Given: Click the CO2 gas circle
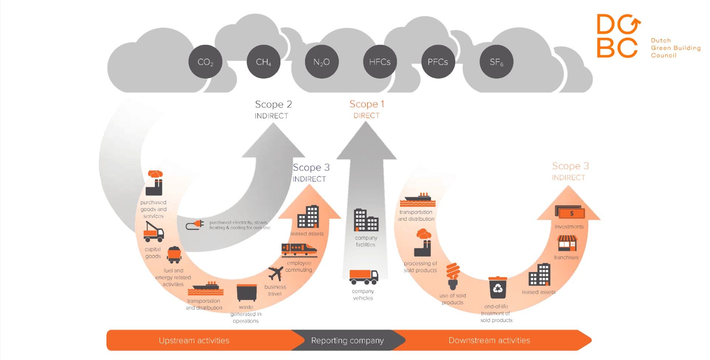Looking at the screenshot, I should point(205,62).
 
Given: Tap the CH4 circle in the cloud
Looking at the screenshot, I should point(263,62).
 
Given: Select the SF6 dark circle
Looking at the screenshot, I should point(496,62).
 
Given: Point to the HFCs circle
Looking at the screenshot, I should point(380,62).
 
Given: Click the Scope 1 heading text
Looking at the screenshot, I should point(366,105).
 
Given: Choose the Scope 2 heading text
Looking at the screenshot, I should point(273,105).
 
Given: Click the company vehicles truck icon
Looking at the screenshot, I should point(364,277).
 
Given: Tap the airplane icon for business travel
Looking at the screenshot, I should point(276,274).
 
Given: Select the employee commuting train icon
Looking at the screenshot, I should point(299,249).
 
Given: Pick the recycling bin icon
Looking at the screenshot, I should point(498,288).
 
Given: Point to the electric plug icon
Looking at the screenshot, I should point(195,225).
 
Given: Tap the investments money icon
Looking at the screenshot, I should point(570,212).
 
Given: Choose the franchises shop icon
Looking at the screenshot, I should point(567,244).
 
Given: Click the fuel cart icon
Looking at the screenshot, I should point(174,255).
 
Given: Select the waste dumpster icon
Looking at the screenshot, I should point(247,293).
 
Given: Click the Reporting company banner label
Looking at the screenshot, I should point(347,340).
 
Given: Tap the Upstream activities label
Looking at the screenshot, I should point(194,340).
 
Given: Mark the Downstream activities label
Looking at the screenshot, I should point(489,340).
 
